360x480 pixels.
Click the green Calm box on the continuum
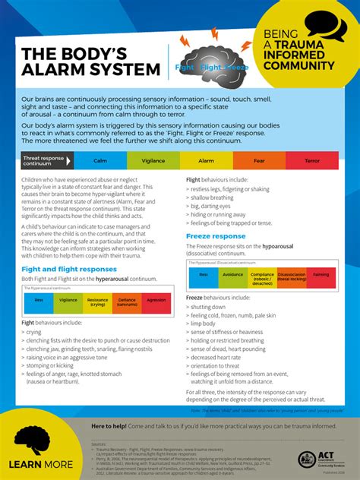click(99, 161)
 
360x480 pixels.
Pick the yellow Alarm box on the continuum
click(206, 161)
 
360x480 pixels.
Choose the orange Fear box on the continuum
click(259, 161)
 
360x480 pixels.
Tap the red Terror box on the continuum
click(311, 161)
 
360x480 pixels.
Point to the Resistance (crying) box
click(97, 302)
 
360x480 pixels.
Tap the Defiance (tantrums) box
click(127, 302)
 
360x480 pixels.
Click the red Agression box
click(156, 302)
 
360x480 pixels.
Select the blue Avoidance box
click(232, 275)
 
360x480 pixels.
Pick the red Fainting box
click(321, 275)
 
